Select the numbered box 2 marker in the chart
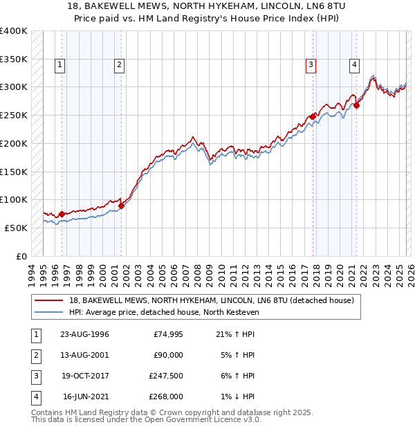pos(119,65)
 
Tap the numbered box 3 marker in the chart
pos(311,65)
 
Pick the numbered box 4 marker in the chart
pos(354,65)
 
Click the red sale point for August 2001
pos(121,205)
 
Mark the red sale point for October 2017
pos(313,116)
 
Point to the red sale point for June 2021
pos(357,105)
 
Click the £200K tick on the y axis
pos(14,143)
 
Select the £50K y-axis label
pos(17,228)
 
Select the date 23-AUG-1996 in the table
pos(84,335)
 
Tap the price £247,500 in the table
pos(166,376)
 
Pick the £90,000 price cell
pos(168,356)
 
